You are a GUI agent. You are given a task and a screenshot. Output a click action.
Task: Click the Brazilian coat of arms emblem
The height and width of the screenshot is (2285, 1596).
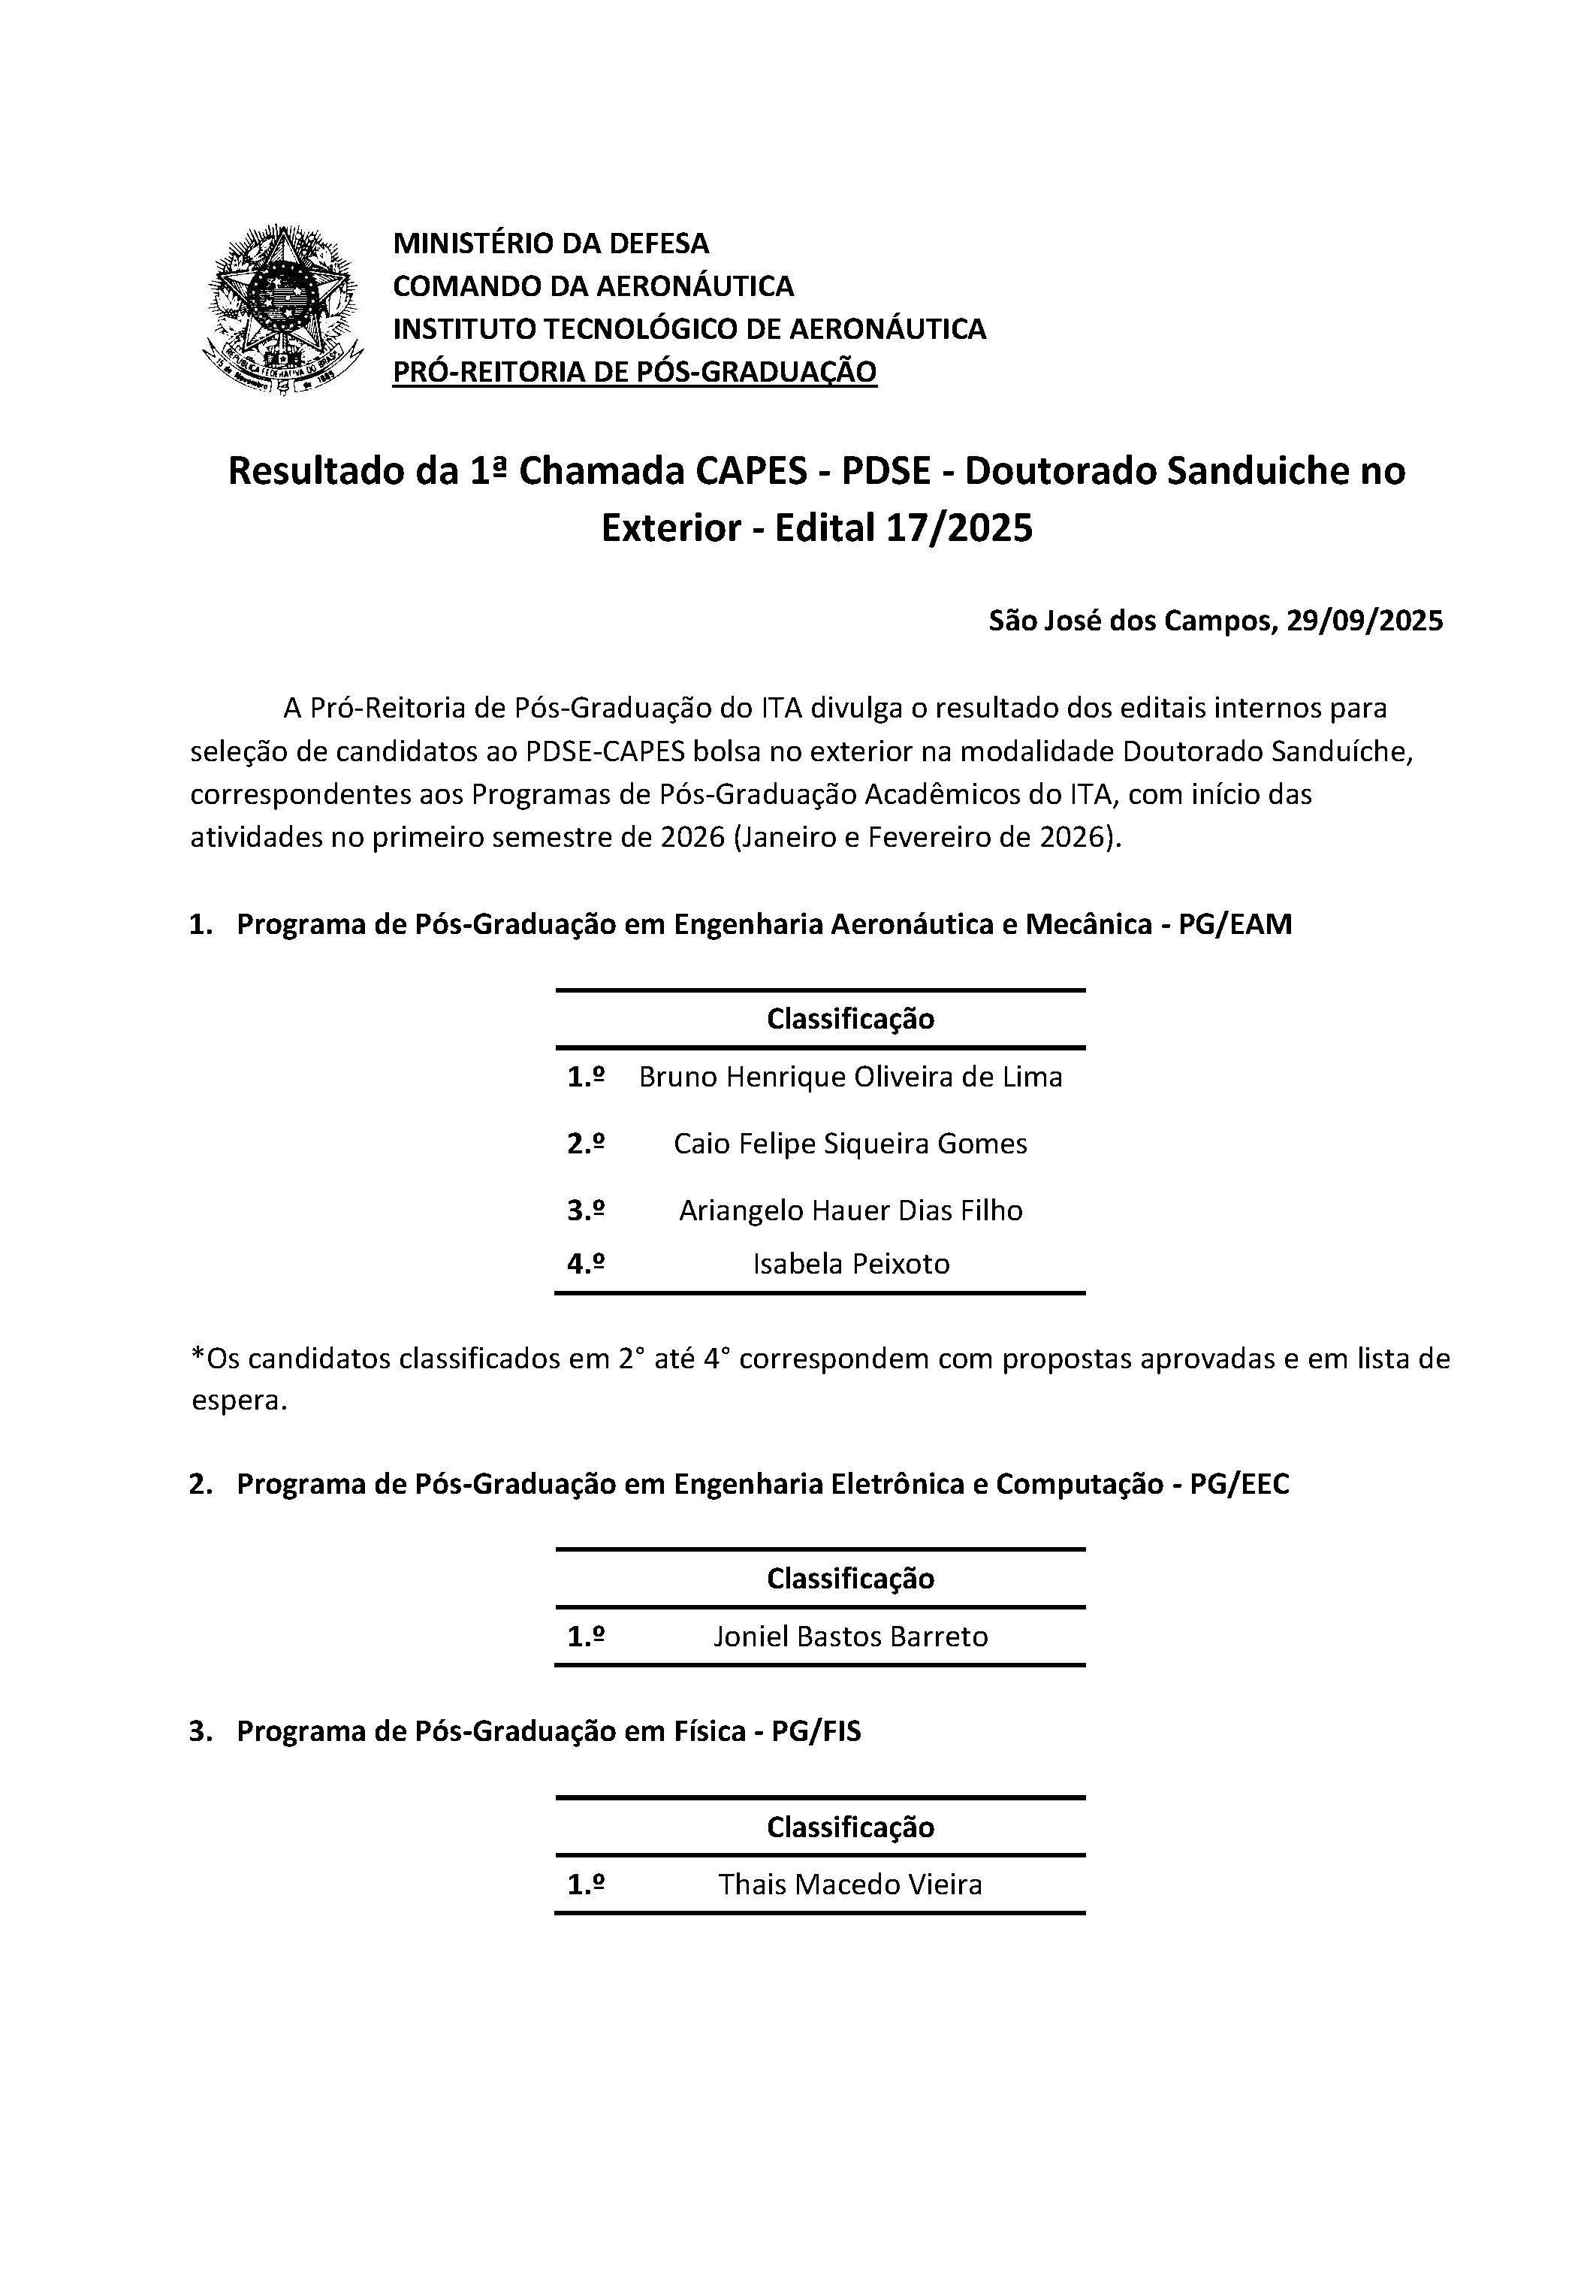(x=282, y=310)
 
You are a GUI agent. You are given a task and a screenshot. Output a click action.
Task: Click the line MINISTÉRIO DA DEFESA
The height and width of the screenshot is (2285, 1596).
(x=551, y=243)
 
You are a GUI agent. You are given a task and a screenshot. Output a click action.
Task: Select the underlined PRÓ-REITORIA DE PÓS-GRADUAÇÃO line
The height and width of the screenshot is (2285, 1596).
(x=634, y=372)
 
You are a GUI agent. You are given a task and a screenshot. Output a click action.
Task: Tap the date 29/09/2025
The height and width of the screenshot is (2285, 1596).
(x=1363, y=621)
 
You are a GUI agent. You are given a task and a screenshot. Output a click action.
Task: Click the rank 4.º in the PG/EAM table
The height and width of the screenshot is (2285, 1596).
(x=586, y=1264)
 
